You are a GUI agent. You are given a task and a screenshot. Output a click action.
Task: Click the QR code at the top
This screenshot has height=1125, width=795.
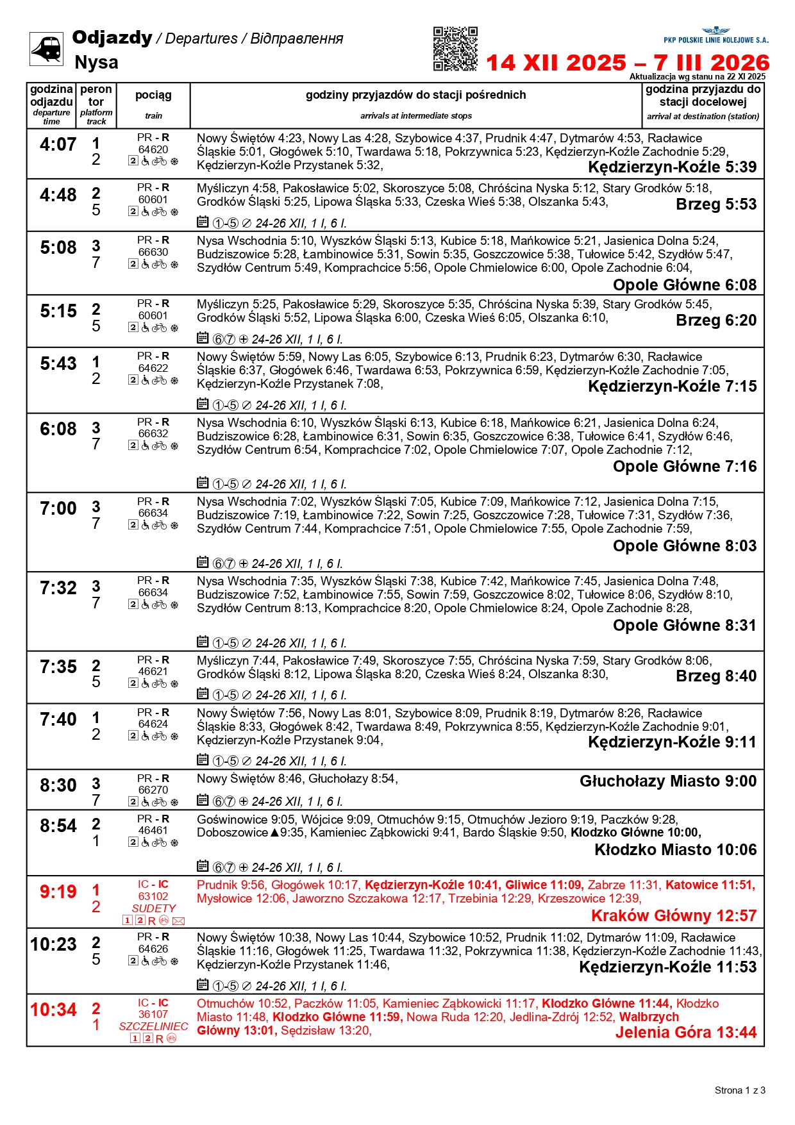coord(455,49)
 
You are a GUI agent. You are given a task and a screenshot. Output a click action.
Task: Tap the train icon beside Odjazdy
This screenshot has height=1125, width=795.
coord(46,49)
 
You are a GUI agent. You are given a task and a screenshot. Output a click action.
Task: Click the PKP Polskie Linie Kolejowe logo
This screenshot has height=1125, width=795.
coord(715,35)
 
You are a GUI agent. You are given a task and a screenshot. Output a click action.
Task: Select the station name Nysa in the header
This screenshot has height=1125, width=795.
coord(96,62)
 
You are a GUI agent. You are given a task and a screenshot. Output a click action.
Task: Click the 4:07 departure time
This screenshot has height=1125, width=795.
coord(58,145)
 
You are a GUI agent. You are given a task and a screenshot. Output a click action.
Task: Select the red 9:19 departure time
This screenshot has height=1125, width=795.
coord(58,892)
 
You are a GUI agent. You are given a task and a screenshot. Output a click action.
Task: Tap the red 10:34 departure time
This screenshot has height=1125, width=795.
coord(54,1010)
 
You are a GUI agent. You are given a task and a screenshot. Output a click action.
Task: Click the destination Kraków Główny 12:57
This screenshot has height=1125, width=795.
coord(673,915)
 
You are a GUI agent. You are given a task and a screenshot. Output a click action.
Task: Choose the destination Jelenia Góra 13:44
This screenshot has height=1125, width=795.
coord(685,1033)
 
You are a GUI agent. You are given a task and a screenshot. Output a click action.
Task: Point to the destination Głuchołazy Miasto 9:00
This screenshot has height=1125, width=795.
coord(667,781)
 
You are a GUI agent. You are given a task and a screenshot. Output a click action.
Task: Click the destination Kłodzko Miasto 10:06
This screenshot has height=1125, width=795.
coord(675,850)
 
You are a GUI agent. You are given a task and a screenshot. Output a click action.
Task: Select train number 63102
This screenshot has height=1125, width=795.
coord(153,896)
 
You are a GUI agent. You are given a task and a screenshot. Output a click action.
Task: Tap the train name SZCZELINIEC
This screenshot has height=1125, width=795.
coord(153,1026)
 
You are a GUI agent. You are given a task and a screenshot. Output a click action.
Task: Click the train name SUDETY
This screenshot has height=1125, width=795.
coord(153,908)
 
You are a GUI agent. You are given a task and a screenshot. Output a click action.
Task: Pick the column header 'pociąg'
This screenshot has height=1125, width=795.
coord(153,95)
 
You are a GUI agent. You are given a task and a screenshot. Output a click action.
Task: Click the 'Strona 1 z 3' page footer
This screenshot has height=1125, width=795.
coord(739,1090)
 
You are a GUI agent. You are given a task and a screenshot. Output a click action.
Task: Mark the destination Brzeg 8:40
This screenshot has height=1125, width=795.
coord(716,676)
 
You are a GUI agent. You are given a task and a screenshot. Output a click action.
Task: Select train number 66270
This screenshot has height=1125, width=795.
coord(153,790)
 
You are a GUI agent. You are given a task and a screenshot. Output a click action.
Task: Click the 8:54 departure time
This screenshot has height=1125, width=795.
coord(58,826)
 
